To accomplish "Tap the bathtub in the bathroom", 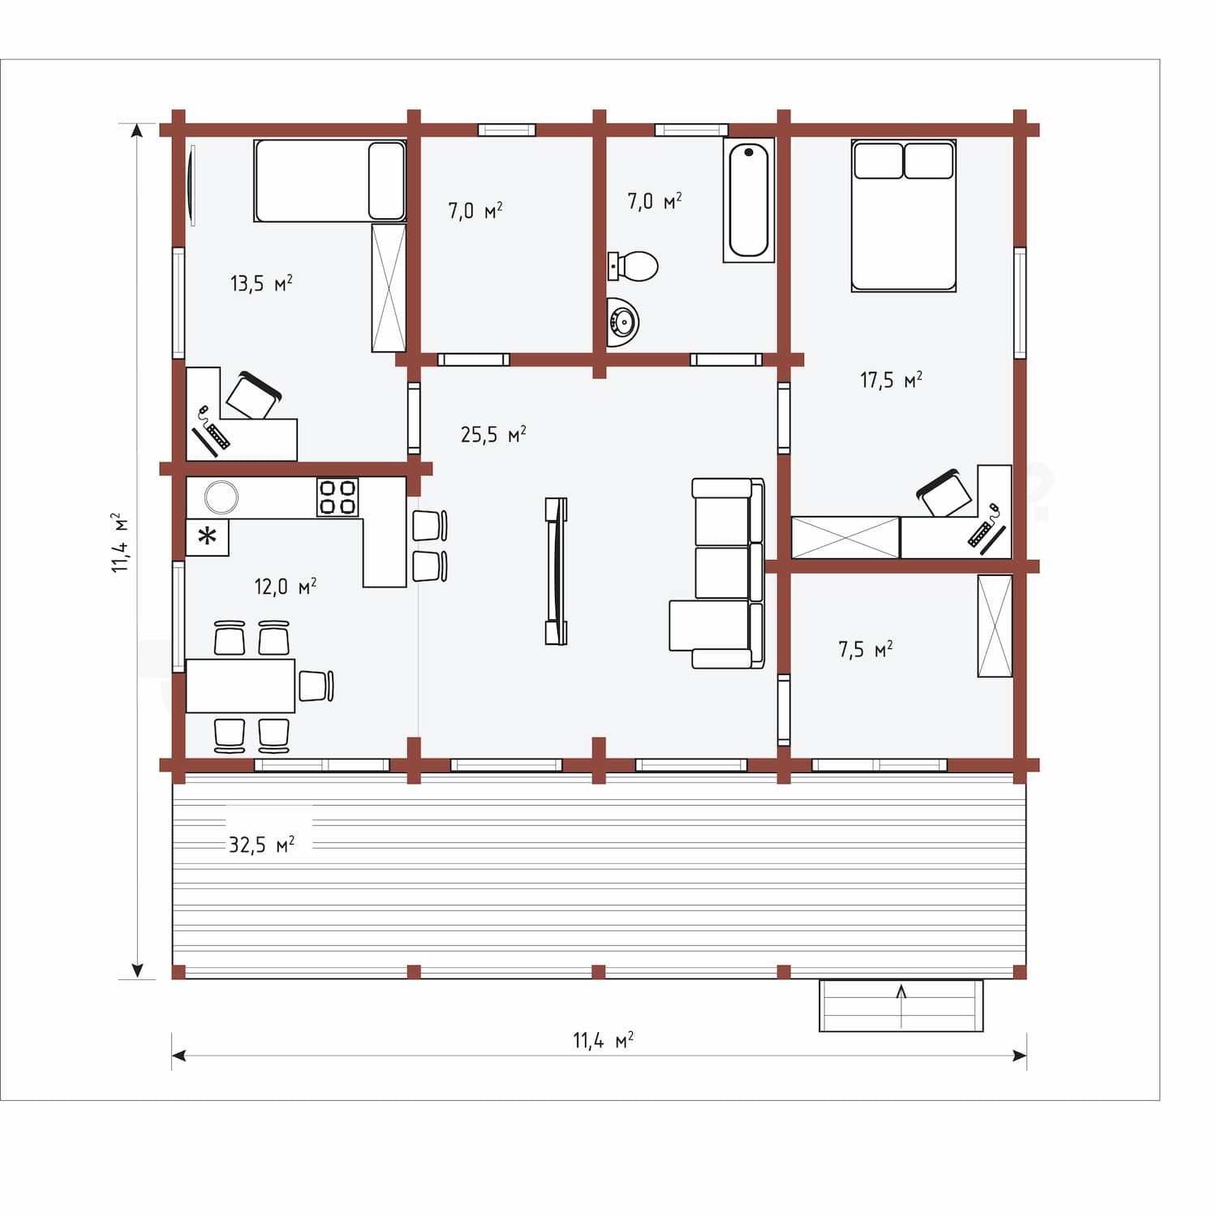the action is (x=749, y=200).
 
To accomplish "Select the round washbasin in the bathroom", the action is (x=623, y=322).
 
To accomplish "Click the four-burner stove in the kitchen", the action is (x=338, y=497).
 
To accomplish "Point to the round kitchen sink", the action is (x=221, y=497).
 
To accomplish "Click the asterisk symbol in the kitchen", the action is (x=208, y=536).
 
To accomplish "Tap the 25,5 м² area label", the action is (x=493, y=434).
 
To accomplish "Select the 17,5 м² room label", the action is (x=891, y=379).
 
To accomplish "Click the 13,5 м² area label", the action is (x=261, y=283).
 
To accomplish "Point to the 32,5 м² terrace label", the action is (x=261, y=845).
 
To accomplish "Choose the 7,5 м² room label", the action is (x=866, y=649).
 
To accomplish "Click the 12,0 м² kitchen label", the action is (x=286, y=586).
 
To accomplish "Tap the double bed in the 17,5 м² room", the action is (x=904, y=215).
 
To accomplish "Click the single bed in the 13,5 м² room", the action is (x=329, y=180).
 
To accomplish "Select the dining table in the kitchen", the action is (x=240, y=686).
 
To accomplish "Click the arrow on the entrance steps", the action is (x=901, y=1001).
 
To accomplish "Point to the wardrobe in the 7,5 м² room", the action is (x=995, y=626).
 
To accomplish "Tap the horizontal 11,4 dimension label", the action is (x=603, y=1039).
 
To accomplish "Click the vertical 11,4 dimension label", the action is (x=120, y=542).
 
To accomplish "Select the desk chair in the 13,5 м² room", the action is (x=253, y=396).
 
